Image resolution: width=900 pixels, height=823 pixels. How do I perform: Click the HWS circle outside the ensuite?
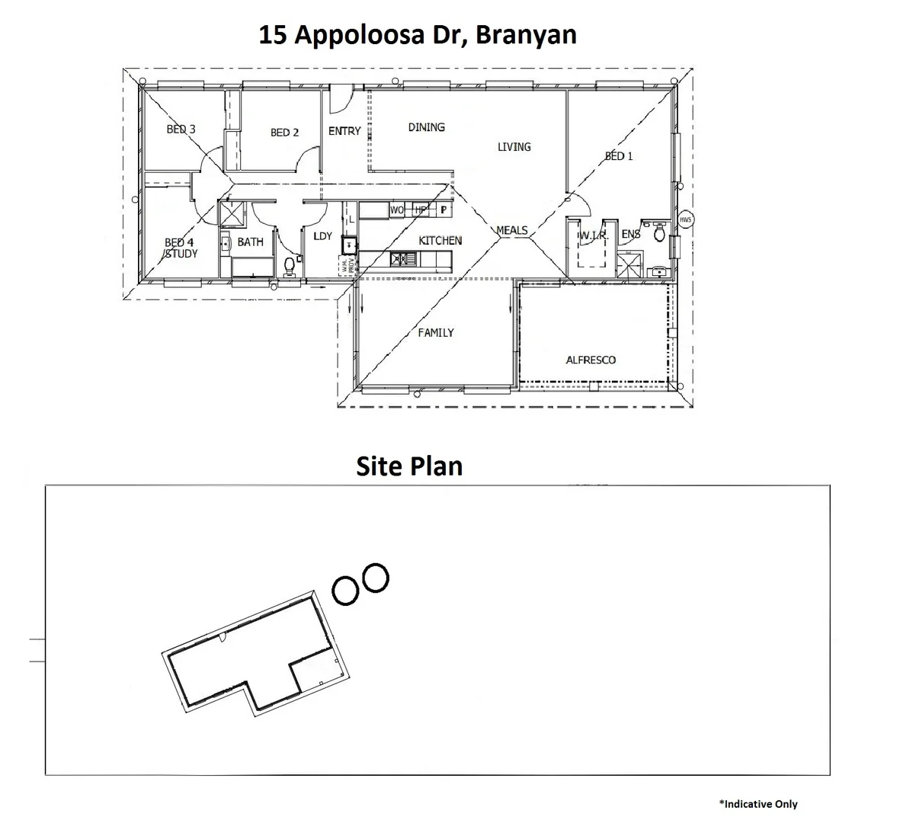pos(685,220)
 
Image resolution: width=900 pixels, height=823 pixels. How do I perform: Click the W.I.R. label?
pos(592,235)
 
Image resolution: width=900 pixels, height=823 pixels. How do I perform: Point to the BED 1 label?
pos(619,156)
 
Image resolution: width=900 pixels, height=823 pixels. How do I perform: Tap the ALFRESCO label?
pos(591,360)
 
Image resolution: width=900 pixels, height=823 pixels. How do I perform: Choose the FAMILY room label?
pos(436,332)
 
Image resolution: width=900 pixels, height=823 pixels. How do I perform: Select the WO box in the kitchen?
pos(396,210)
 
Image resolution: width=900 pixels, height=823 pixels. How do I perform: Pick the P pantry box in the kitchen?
pos(443,210)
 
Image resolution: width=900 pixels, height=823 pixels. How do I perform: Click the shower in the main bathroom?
pos(232,213)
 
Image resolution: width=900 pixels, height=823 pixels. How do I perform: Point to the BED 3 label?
pos(181,129)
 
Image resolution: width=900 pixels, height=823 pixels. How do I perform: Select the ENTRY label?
pos(344,131)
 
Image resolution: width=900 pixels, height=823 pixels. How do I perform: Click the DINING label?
pos(426,127)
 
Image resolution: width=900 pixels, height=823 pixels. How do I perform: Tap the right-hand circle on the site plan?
pos(375,578)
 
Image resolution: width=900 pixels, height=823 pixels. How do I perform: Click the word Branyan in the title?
pos(526,35)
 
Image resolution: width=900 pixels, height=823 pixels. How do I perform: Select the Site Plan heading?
pos(409,466)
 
